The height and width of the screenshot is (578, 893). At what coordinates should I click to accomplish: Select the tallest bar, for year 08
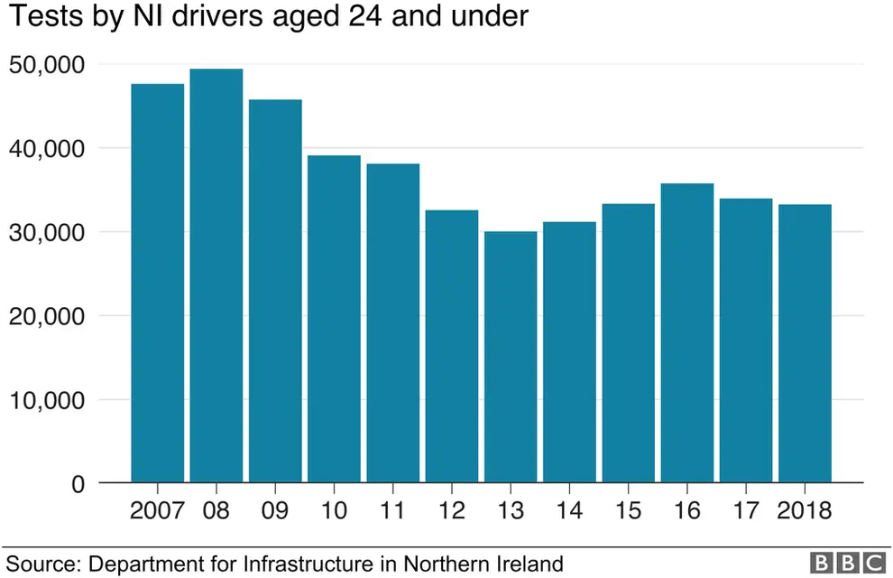(x=216, y=275)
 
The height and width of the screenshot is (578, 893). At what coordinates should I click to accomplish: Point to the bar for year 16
(x=687, y=333)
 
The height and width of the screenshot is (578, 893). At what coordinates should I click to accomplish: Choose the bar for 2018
(x=805, y=343)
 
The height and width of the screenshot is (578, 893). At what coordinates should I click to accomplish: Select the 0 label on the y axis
(x=78, y=484)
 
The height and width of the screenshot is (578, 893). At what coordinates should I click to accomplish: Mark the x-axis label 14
(x=569, y=510)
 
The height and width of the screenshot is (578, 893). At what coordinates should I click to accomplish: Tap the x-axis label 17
(x=746, y=510)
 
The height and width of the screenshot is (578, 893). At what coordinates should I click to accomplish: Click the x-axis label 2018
(x=805, y=510)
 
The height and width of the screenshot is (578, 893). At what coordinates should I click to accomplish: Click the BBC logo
(x=847, y=563)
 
